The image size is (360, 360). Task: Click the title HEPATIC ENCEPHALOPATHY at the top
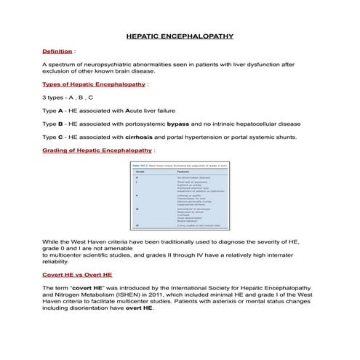[180, 35]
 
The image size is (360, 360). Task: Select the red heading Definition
[57, 52]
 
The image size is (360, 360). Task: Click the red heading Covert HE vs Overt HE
[77, 276]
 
